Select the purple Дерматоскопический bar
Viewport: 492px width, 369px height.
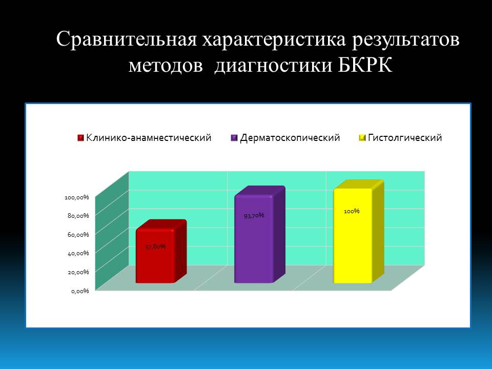(259, 235)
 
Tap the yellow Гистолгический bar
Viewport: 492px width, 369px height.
(358, 232)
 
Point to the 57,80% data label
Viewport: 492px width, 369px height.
(156, 247)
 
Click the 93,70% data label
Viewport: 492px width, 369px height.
(254, 216)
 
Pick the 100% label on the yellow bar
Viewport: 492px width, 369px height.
(352, 211)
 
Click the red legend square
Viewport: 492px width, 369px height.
(80, 138)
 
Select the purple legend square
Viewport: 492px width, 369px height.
(234, 138)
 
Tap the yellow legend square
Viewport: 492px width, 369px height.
(362, 138)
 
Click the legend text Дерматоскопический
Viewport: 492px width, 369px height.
(290, 138)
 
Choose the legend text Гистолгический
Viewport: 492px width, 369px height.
(405, 138)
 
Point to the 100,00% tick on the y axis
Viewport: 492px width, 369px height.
(77, 197)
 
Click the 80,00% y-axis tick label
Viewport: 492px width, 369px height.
(78, 216)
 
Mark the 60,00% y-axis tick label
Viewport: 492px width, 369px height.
(78, 234)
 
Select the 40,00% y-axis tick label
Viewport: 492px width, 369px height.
(78, 253)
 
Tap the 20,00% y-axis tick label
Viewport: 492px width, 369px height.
(78, 272)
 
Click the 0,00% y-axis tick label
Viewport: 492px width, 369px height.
(80, 291)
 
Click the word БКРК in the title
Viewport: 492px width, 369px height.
(365, 65)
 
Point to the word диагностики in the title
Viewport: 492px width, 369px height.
(273, 66)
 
